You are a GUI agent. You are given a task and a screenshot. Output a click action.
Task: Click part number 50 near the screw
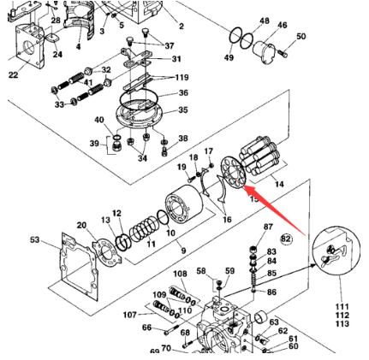[301, 38]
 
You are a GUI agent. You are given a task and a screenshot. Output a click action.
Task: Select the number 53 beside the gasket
[34, 240]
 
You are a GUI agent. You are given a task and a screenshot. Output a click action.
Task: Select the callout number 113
[342, 324]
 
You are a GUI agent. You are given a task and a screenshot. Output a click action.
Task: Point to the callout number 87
[269, 227]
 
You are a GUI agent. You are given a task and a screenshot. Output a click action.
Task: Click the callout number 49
[229, 57]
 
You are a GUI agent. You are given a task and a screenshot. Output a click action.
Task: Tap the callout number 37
[168, 46]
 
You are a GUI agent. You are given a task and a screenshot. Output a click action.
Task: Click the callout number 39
[96, 145]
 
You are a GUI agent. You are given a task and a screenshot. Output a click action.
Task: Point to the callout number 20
[81, 225]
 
